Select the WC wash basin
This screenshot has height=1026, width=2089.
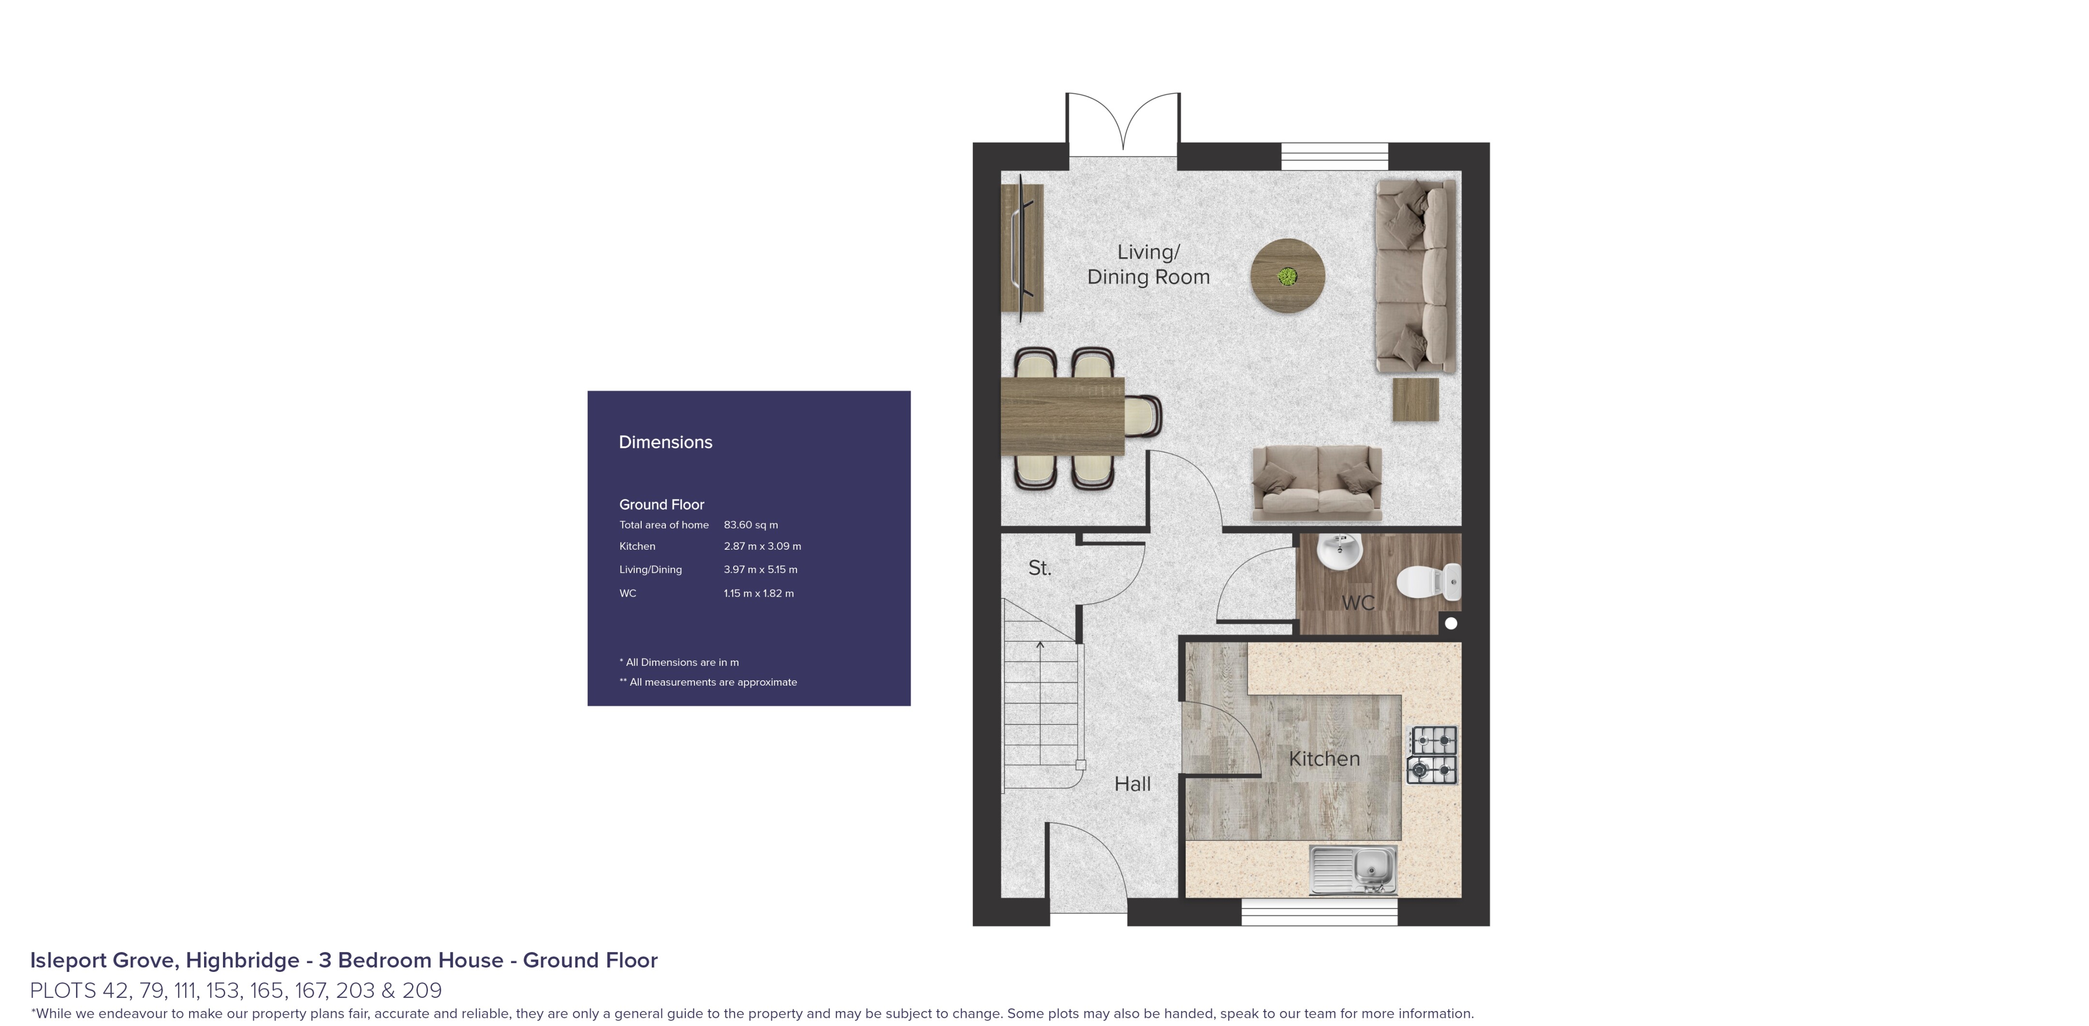(1339, 552)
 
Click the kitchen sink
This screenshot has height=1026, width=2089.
(1353, 869)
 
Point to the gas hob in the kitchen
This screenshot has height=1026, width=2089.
(1432, 754)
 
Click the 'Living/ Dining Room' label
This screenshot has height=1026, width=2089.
(1148, 264)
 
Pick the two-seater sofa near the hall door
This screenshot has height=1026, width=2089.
(1316, 484)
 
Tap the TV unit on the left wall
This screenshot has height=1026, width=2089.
(1022, 248)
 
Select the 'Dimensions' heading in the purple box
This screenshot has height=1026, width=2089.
(665, 442)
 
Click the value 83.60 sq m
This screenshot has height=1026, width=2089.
(750, 525)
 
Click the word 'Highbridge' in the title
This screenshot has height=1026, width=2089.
(242, 960)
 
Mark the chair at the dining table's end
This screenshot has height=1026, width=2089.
(1144, 415)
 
